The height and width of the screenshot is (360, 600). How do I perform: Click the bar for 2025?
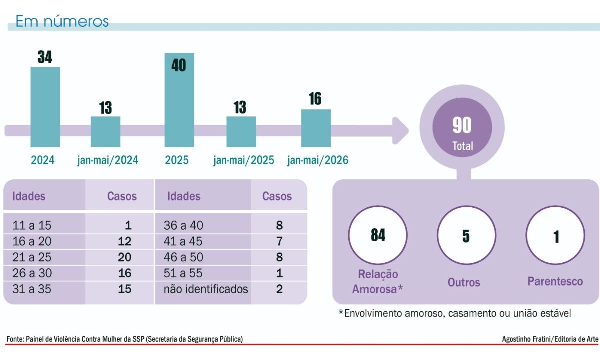click(179, 100)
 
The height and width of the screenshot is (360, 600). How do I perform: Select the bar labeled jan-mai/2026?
click(316, 128)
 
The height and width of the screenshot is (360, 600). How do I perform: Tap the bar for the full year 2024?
click(45, 107)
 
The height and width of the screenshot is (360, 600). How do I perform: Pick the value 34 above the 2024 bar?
click(45, 57)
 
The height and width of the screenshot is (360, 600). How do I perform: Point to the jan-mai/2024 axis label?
click(108, 160)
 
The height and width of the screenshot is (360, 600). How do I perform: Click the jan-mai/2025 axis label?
click(244, 160)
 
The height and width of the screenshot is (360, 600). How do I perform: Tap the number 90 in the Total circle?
click(462, 125)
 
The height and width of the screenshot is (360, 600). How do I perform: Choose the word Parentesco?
click(555, 282)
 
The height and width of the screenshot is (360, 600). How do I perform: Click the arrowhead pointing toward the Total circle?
click(400, 131)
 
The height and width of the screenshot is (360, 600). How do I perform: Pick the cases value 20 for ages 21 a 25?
click(125, 257)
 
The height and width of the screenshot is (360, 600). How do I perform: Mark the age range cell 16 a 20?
click(32, 241)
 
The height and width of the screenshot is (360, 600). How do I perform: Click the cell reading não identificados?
click(206, 289)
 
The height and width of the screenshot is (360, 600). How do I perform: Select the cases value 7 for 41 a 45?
click(279, 241)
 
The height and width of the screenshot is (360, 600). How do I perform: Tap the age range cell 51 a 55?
click(183, 273)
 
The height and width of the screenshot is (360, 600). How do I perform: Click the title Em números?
click(62, 21)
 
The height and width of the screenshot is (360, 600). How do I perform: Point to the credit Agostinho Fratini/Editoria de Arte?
click(550, 339)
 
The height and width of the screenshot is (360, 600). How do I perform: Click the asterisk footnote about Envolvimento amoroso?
click(455, 313)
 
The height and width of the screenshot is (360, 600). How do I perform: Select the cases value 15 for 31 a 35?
click(125, 289)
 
